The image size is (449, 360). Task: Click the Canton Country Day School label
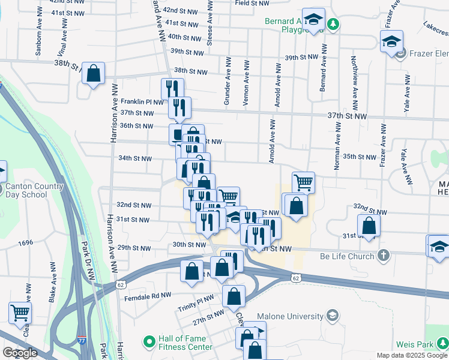click(x=34, y=190)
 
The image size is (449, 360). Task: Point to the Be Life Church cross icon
click(x=384, y=256)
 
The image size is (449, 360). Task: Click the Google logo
click(x=20, y=353)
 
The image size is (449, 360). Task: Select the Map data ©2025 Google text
click(x=412, y=355)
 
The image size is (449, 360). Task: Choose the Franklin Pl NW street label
click(x=142, y=102)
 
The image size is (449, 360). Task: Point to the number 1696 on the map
click(x=25, y=243)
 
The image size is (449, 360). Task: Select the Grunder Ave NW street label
click(x=228, y=82)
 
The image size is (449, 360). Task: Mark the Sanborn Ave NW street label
click(x=38, y=39)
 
